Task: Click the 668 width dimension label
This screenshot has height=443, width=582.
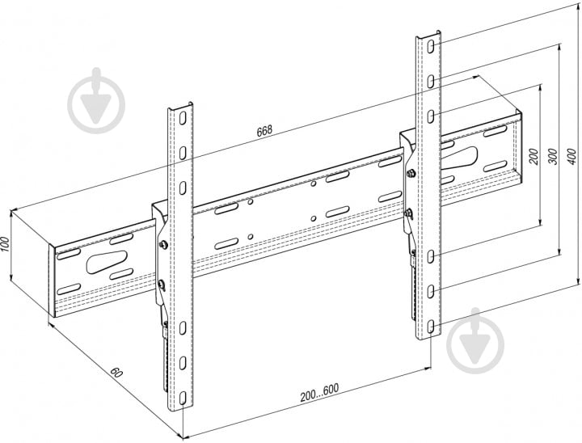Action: [264, 129]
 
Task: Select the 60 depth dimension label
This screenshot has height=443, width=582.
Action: [118, 373]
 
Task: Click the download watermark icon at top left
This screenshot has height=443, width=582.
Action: [96, 102]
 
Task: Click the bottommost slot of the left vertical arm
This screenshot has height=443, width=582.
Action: [183, 395]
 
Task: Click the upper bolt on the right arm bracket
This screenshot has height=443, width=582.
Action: [412, 175]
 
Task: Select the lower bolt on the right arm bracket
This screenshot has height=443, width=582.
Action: [409, 213]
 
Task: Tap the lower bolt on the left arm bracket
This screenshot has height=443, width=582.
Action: [161, 284]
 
